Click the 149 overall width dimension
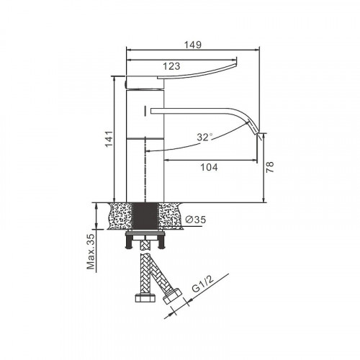tap(192, 45)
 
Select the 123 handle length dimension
tap(171, 66)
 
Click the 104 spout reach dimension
tap(209, 167)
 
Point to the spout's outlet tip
tap(260, 133)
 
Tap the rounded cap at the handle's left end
tap(129, 81)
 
